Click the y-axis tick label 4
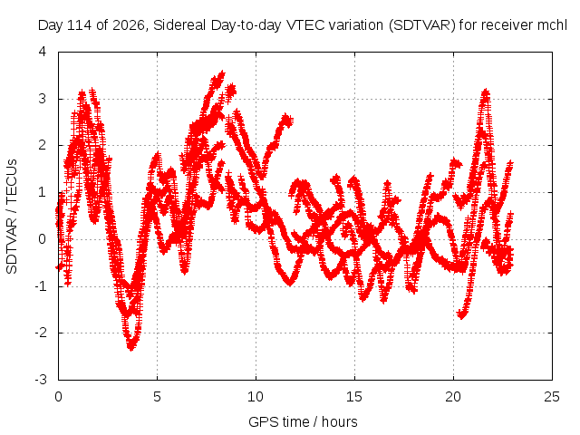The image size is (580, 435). (43, 52)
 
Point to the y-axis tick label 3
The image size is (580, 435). (43, 99)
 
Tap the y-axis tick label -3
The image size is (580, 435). (41, 380)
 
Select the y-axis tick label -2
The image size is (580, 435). (41, 333)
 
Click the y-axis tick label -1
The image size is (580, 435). (41, 286)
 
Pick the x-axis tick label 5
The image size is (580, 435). (157, 397)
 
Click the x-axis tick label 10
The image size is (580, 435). (256, 397)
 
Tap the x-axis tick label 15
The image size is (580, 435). (354, 397)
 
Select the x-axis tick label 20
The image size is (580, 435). (453, 397)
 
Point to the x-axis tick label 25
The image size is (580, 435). (552, 397)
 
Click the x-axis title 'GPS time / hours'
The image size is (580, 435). (303, 422)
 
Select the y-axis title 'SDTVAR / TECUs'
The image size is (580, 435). (12, 217)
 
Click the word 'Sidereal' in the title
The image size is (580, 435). (179, 25)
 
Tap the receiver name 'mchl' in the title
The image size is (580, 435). (554, 25)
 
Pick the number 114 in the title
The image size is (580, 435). (80, 25)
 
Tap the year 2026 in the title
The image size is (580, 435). (128, 25)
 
